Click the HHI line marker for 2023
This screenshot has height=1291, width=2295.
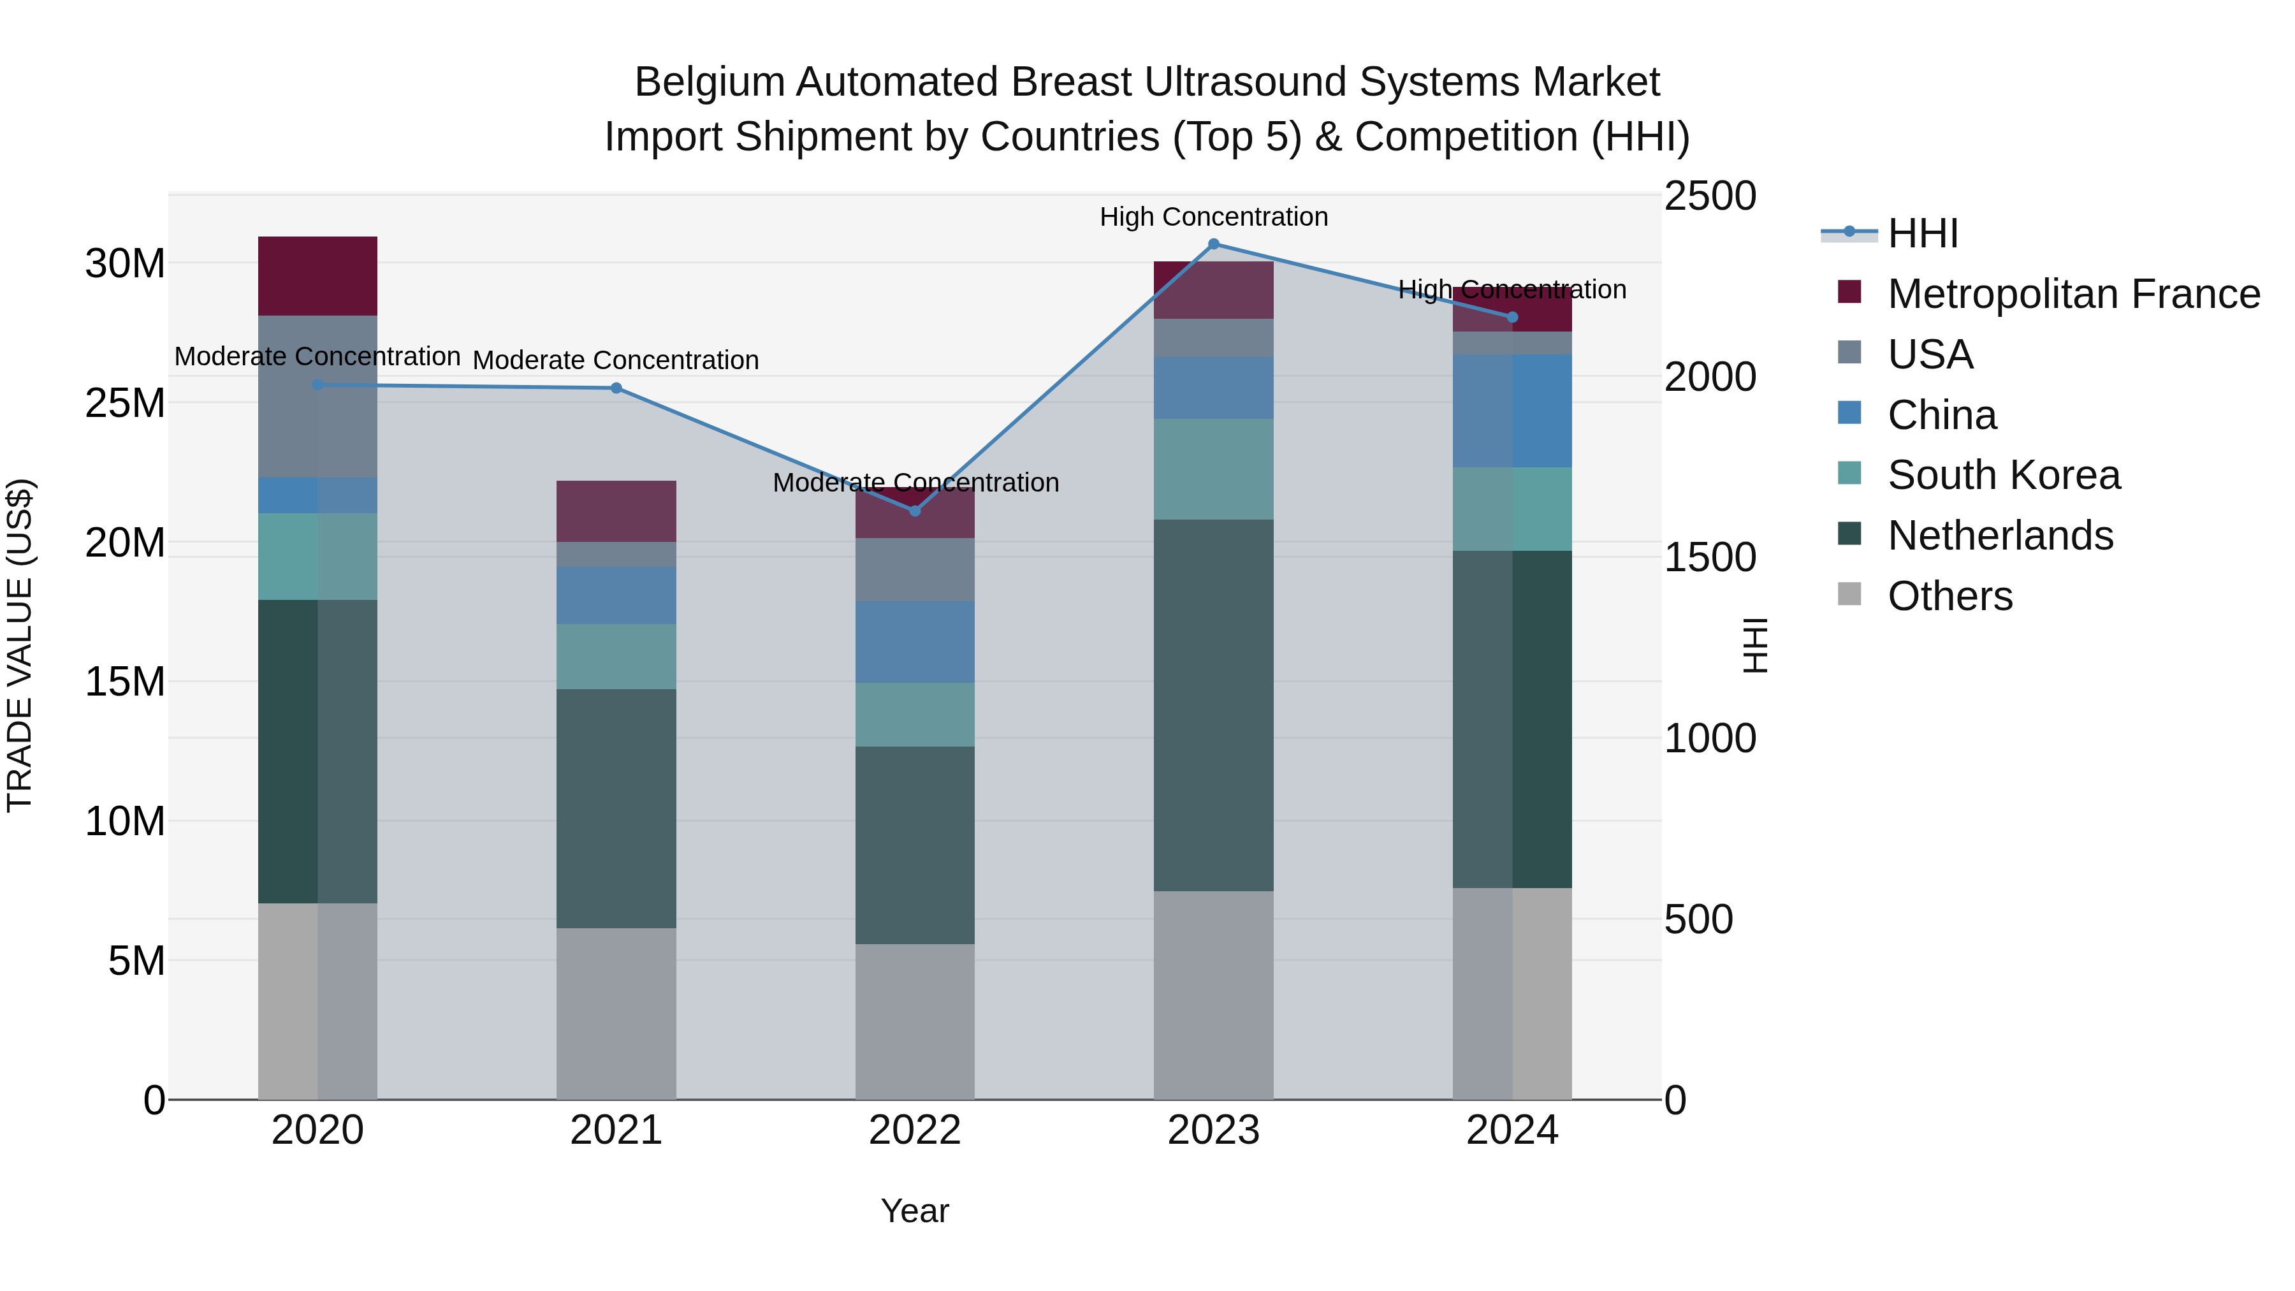1213,244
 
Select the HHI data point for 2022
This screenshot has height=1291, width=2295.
914,511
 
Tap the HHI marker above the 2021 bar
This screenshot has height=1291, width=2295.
616,388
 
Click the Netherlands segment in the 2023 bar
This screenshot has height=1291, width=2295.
1213,704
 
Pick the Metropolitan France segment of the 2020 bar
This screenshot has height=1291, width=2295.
317,276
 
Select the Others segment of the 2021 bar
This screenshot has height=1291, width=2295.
616,1013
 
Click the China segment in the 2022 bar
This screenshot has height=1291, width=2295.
914,641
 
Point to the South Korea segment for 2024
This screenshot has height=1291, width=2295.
1512,509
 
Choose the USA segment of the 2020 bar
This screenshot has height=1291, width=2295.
317,397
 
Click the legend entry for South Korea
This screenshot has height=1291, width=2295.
2003,475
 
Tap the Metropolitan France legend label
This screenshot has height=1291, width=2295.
2073,294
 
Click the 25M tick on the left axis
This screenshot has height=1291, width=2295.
125,404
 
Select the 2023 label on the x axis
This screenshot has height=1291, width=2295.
1213,1130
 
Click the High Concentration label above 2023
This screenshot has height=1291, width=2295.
1213,217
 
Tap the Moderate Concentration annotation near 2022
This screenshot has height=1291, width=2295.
915,482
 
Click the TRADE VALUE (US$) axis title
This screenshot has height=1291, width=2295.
20,645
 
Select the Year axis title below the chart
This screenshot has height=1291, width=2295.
914,1211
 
